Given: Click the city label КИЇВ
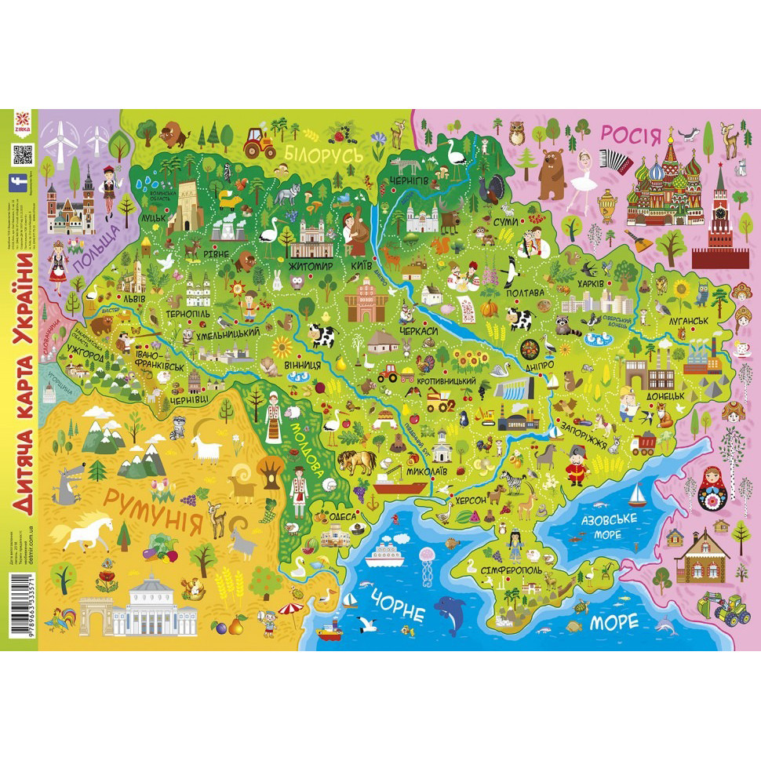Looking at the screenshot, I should click(361, 266).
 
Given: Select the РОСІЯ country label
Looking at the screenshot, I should click(631, 134).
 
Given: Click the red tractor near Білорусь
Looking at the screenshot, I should click(257, 142).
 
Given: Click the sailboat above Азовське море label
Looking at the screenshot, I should click(637, 494).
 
